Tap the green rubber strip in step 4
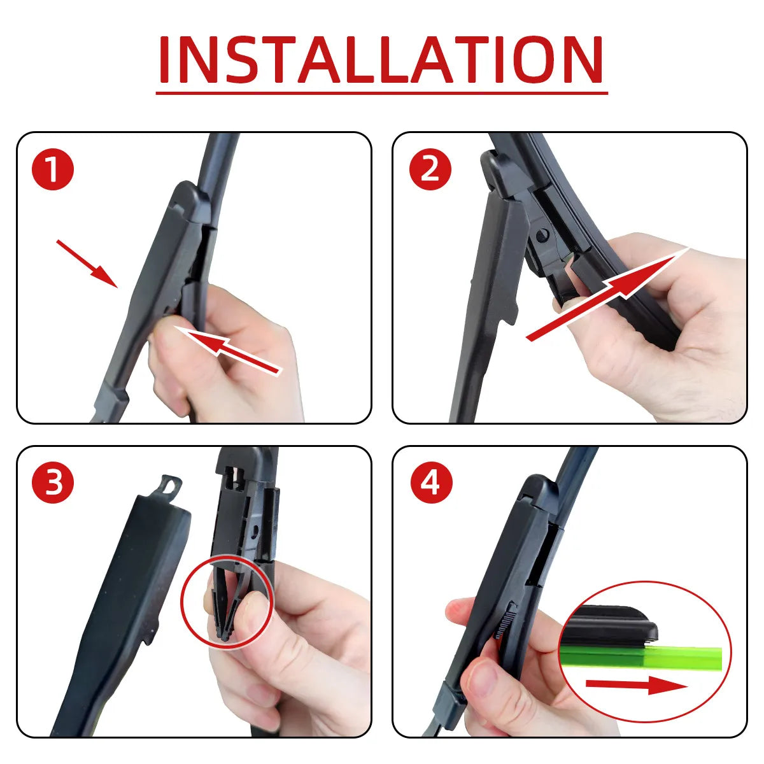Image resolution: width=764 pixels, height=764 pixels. (688, 658)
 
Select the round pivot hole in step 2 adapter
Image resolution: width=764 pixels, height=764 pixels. (542, 236)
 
